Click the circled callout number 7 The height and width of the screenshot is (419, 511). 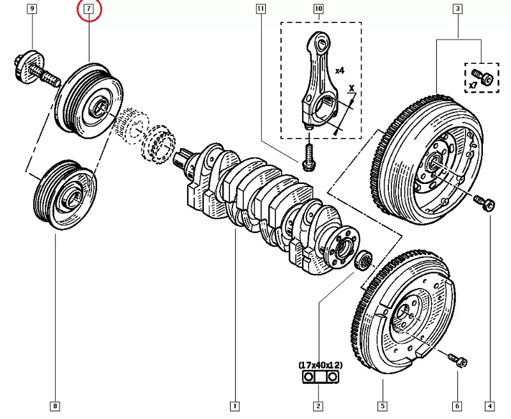point(89,10)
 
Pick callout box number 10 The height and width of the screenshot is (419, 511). point(318,10)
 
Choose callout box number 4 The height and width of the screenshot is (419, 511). point(489,405)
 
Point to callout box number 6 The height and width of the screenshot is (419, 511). point(458,405)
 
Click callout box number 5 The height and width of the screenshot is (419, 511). point(382,405)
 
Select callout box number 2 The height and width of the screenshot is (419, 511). point(318,405)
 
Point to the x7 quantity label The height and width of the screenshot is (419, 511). point(473,84)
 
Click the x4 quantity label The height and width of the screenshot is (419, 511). point(339,70)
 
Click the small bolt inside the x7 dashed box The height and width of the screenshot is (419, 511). point(485,77)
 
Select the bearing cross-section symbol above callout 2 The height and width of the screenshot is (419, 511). point(318,378)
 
